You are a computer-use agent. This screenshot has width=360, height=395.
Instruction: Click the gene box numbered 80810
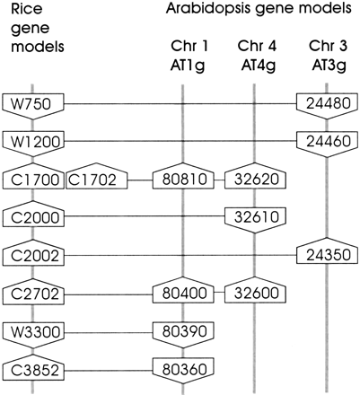click(182, 179)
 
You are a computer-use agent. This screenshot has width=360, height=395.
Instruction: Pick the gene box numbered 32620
click(254, 179)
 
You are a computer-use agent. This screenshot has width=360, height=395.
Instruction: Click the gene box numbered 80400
click(182, 293)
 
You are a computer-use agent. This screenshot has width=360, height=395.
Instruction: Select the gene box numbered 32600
click(254, 293)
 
